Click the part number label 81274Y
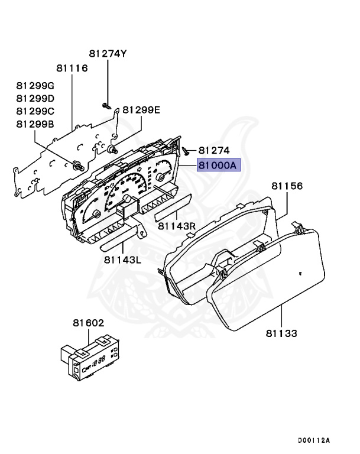tap(108, 54)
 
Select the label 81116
tap(72, 69)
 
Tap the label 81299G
tap(35, 86)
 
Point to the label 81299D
tap(35, 98)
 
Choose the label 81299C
tap(35, 111)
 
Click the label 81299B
tap(35, 124)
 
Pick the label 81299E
tap(141, 110)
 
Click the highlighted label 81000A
tap(217, 166)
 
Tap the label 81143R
tap(176, 226)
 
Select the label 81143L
tap(122, 258)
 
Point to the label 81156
tap(287, 186)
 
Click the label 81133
tap(281, 334)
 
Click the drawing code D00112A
tap(313, 440)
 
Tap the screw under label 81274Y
tap(105, 105)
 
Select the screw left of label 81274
tap(185, 151)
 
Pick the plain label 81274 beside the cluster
tap(214, 151)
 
